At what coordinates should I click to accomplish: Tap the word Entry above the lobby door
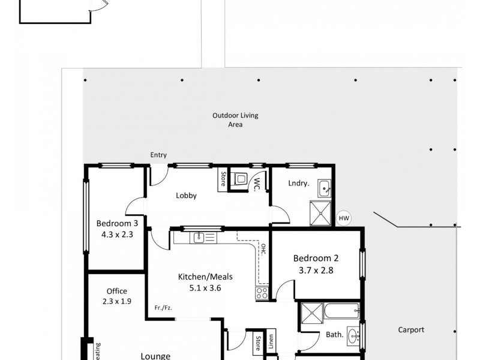click(x=158, y=155)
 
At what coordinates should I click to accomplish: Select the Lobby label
click(x=186, y=196)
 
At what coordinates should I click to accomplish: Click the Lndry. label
click(x=298, y=184)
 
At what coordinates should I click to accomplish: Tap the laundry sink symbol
click(x=325, y=188)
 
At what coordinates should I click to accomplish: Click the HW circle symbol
click(x=343, y=218)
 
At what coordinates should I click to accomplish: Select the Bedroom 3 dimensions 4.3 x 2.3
click(x=118, y=235)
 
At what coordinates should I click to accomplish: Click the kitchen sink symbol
click(x=199, y=238)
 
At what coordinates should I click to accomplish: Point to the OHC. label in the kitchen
click(x=263, y=250)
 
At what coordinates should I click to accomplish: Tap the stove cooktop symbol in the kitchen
click(x=262, y=293)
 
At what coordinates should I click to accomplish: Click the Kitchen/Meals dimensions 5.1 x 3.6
click(x=205, y=287)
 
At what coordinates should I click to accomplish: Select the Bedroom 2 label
click(x=316, y=259)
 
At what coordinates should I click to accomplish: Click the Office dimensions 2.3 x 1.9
click(x=116, y=302)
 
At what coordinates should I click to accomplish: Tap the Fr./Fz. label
click(x=163, y=307)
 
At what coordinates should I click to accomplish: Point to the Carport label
click(x=411, y=329)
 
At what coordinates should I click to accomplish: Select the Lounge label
click(x=155, y=355)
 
